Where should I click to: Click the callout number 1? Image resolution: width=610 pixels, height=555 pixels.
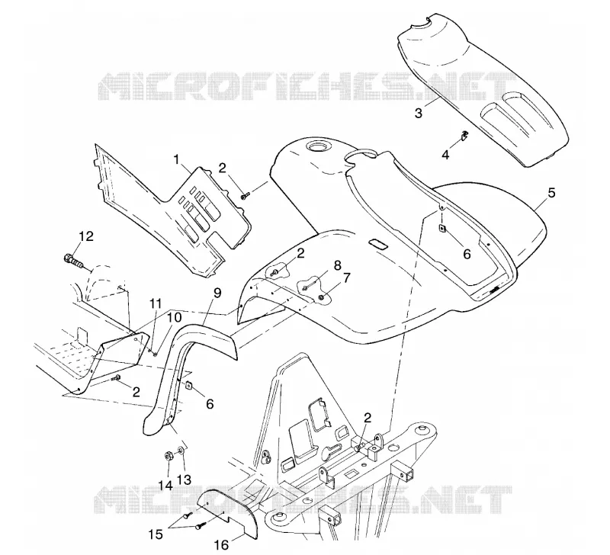[x=177, y=159]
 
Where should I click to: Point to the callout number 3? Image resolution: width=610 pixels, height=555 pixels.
[x=419, y=113]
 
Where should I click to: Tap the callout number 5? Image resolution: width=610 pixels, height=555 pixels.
[x=551, y=193]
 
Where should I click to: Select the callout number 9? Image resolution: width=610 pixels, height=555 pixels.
[x=217, y=293]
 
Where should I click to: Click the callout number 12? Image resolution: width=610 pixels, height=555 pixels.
[x=86, y=236]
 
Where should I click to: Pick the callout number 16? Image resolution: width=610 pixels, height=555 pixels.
[x=222, y=545]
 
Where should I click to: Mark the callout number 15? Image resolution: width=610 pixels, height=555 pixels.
[x=156, y=534]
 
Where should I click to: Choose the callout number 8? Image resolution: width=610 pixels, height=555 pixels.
[x=337, y=265]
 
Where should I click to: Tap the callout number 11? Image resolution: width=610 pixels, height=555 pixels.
[x=156, y=303]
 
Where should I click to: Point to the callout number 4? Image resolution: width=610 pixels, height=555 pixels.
[x=445, y=155]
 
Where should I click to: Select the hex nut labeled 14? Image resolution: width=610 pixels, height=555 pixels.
[x=169, y=455]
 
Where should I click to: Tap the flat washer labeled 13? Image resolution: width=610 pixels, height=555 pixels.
[x=181, y=451]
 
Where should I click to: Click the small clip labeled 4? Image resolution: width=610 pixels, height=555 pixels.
[x=464, y=135]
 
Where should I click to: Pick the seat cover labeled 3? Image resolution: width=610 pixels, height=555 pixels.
[x=483, y=89]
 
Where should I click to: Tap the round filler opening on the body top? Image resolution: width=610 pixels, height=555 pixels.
[x=319, y=147]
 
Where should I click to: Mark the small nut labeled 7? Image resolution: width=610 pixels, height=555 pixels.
[x=322, y=297]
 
